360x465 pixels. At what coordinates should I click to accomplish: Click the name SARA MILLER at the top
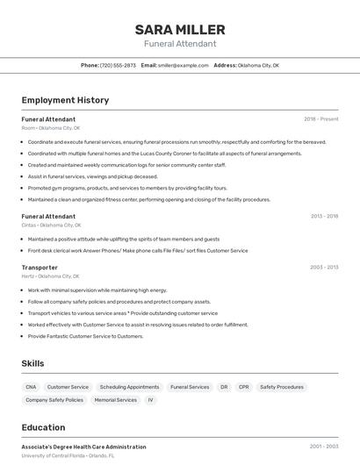pos(180,29)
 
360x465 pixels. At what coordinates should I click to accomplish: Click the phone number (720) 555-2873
pos(118,65)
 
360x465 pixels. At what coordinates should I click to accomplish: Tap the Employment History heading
pos(65,100)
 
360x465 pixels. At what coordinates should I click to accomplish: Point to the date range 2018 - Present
pos(320,119)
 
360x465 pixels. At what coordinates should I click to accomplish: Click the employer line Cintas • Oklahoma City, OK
pos(50,225)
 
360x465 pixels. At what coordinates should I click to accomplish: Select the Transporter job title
pos(40,268)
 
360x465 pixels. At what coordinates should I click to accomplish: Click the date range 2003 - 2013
pos(323,268)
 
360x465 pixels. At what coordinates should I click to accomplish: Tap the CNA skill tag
pos(31,387)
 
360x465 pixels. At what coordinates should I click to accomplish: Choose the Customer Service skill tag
pos(68,387)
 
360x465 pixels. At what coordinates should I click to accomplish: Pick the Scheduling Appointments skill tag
pos(129,387)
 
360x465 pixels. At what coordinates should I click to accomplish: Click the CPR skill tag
pos(243,387)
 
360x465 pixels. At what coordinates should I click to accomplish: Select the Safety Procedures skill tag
pos(281,387)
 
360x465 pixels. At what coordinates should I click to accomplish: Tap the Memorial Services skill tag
pos(116,400)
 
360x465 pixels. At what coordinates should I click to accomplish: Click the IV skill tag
pos(150,400)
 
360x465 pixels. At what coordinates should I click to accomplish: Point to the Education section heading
pos(43,428)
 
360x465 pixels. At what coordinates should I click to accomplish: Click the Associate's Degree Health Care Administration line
pos(83,447)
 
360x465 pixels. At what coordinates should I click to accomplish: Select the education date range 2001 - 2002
pos(323,447)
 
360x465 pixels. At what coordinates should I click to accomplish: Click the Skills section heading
pos(32,363)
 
